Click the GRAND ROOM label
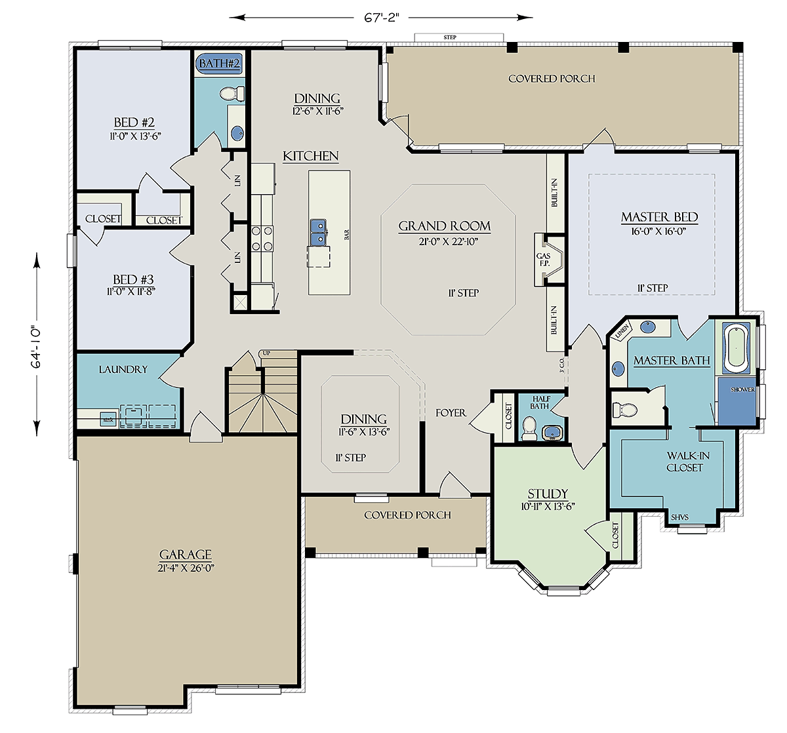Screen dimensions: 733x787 (x=445, y=226)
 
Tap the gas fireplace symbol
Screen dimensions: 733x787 (x=550, y=260)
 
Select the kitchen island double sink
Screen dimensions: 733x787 (x=319, y=232)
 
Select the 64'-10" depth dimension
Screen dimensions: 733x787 (x=36, y=345)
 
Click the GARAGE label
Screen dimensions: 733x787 (x=186, y=554)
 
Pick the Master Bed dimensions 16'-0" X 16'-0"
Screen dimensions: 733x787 (x=659, y=231)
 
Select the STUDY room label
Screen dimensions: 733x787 (x=548, y=494)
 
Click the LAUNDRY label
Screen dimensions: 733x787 (x=123, y=370)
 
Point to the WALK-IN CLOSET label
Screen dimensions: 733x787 (x=684, y=462)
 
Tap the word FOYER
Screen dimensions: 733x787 (x=451, y=413)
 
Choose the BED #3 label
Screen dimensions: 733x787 (x=133, y=279)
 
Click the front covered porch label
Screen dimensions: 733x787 (x=407, y=515)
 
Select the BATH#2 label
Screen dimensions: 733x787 (x=220, y=64)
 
